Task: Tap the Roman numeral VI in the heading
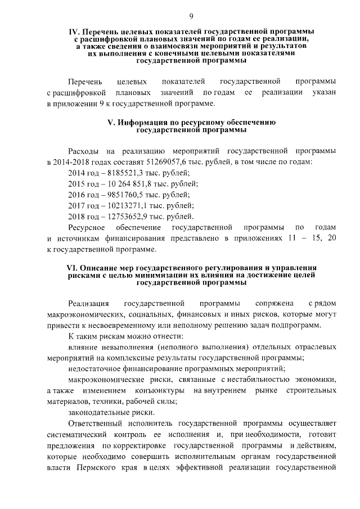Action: coord(72,268)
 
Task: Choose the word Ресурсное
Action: coord(87,227)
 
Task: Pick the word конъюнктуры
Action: coord(160,390)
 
